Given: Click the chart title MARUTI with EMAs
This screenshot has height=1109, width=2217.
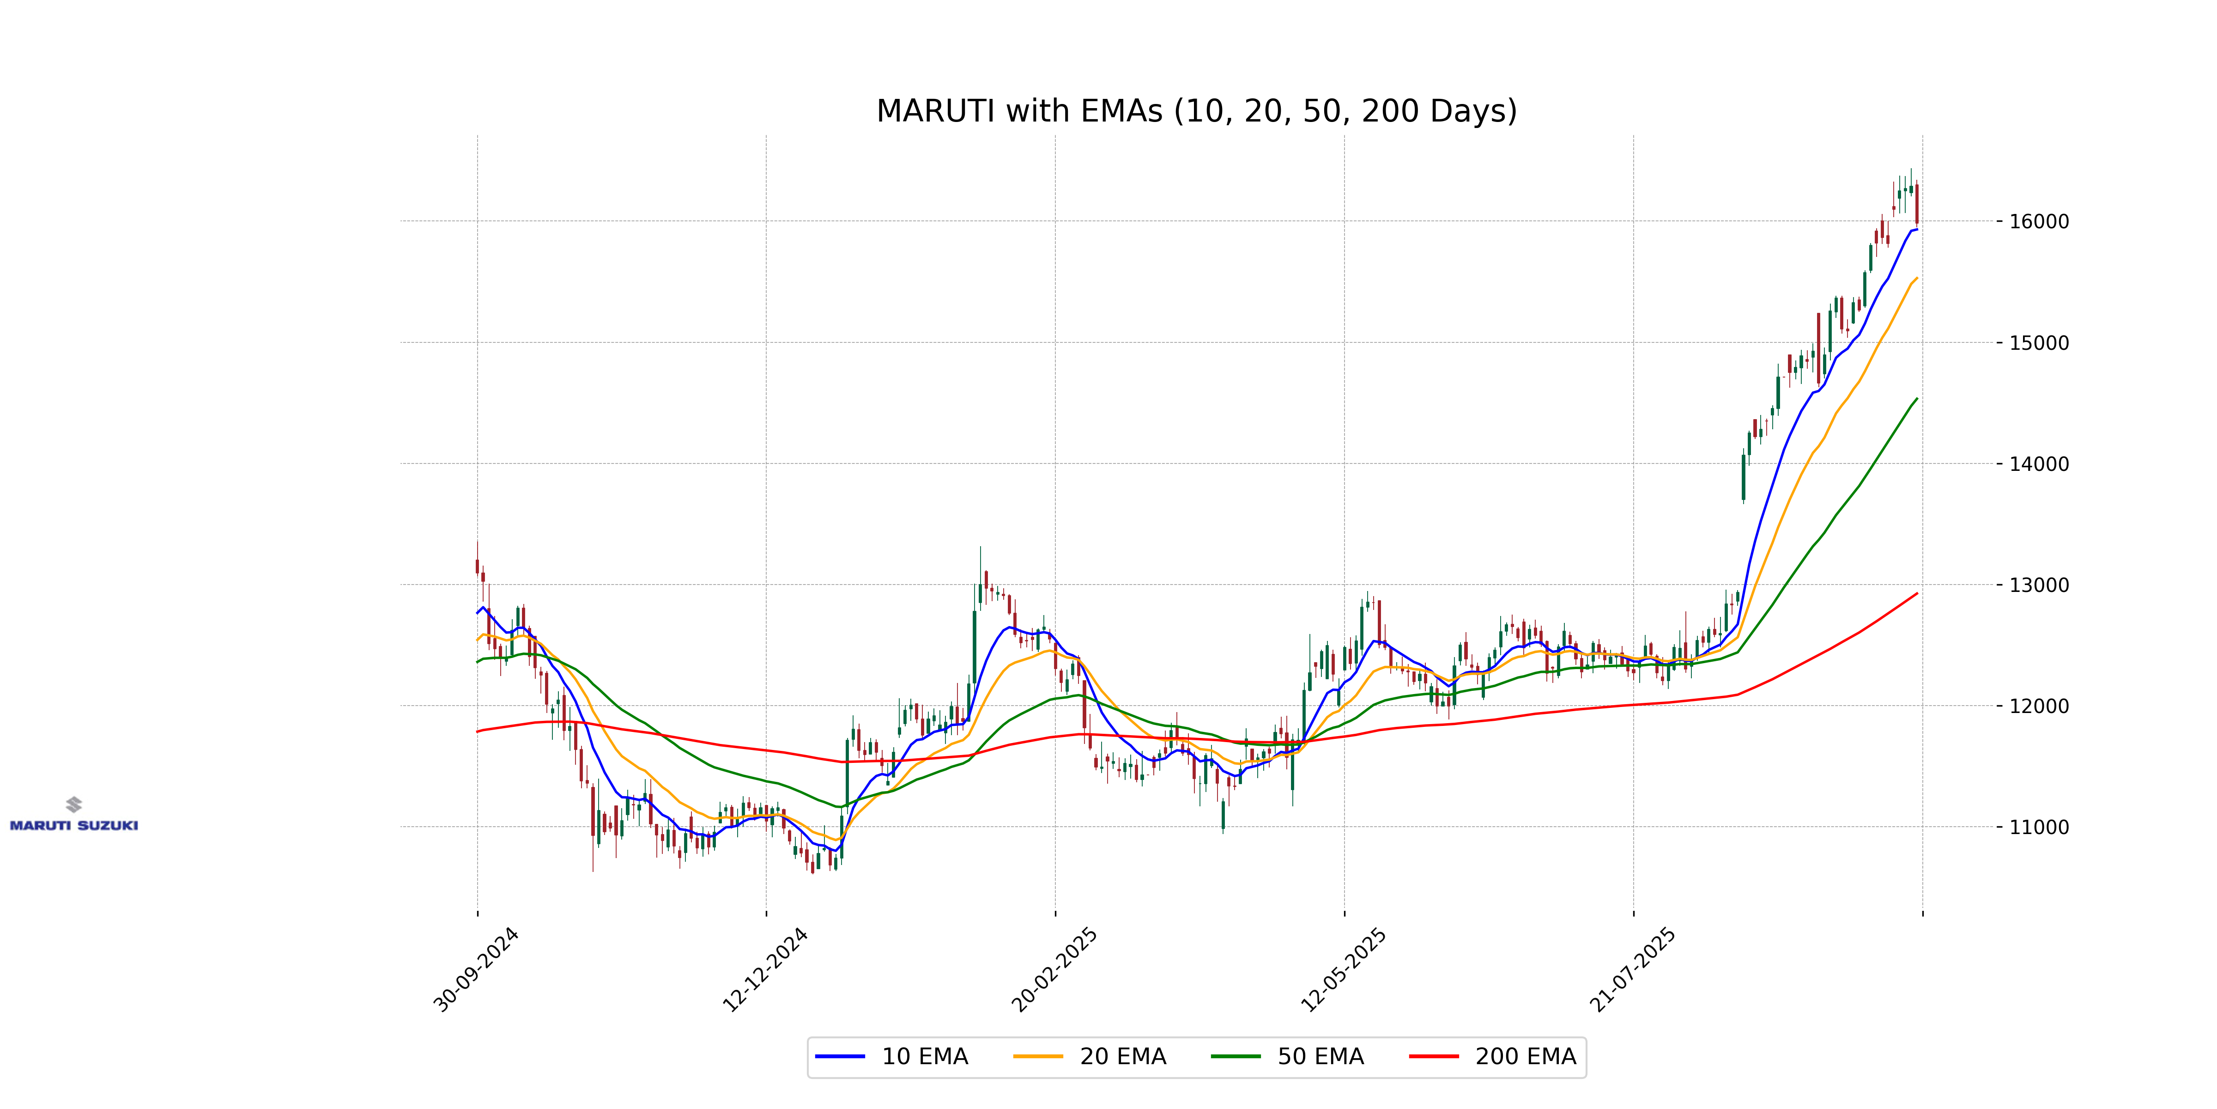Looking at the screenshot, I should coord(1196,111).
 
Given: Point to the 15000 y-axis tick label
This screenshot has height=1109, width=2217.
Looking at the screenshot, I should coord(2038,343).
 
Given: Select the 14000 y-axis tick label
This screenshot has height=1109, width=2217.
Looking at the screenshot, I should coord(2038,464).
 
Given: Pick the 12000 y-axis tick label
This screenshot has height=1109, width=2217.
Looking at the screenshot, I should coord(2038,706).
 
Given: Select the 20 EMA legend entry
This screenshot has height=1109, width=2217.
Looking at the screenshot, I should coord(1090,1056).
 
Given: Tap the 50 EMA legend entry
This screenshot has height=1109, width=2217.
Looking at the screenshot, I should coord(1288,1056).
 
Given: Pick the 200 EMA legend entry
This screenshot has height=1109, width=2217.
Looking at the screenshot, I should coord(1493,1056).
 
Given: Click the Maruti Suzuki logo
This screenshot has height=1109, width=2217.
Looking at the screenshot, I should coord(74,815).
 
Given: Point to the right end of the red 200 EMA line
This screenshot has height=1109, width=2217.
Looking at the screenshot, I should coord(1917,593).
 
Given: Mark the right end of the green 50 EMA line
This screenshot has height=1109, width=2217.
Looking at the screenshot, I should coord(1917,399).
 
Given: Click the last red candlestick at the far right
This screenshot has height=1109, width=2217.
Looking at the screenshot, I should coord(1917,204).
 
